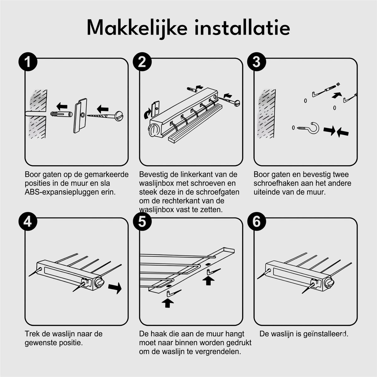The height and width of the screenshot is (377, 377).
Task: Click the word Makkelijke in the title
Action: pos(137,28)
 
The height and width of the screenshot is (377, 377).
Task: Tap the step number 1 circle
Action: pos(28,62)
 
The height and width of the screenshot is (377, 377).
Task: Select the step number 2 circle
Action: pos(142,62)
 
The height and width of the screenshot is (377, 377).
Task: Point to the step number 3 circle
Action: pos(256,62)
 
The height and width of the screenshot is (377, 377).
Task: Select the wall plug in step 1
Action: pos(62,114)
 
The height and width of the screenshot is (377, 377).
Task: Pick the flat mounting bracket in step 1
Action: pos(80,116)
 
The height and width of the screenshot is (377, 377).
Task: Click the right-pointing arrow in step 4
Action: pos(115,287)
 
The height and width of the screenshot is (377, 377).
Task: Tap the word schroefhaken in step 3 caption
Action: pos(276,183)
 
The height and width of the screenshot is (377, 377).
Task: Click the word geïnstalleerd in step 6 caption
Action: pos(326,334)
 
